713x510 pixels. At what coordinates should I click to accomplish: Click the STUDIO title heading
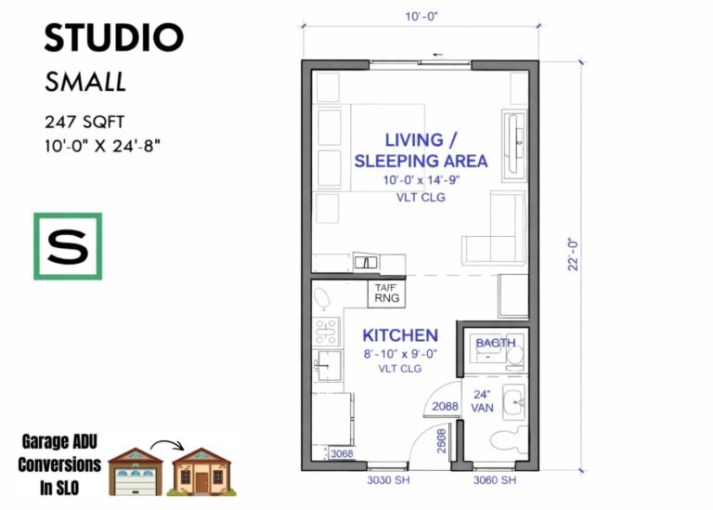pyautogui.click(x=114, y=38)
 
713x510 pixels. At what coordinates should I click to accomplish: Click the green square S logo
pyautogui.click(x=68, y=246)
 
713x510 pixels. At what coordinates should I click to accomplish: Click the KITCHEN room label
pyautogui.click(x=399, y=335)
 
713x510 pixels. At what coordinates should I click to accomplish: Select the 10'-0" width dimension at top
pyautogui.click(x=420, y=17)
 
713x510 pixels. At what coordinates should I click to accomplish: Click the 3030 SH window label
pyautogui.click(x=382, y=480)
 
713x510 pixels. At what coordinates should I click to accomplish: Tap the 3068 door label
pyautogui.click(x=342, y=453)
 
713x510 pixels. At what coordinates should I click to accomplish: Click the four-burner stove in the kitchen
pyautogui.click(x=326, y=329)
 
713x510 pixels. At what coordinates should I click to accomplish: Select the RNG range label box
pyautogui.click(x=386, y=294)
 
